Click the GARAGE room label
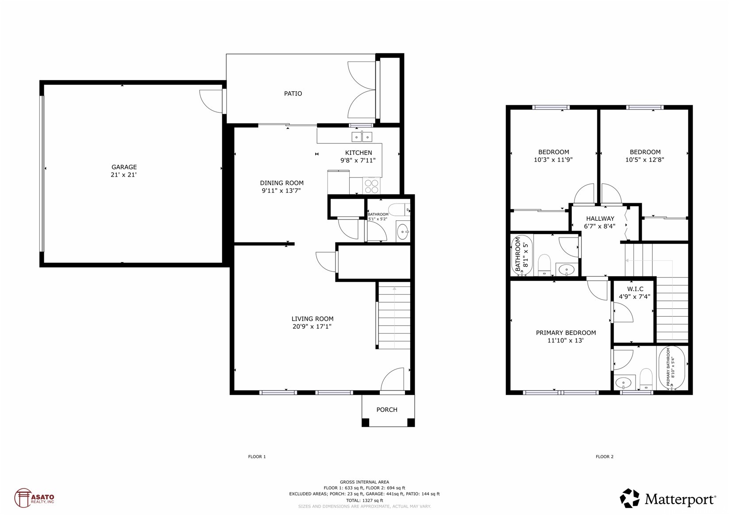tap(124, 167)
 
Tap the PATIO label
tap(293, 93)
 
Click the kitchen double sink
tap(362, 137)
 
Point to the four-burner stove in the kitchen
tap(371, 186)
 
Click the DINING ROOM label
tap(282, 183)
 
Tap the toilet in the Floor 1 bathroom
tap(399, 209)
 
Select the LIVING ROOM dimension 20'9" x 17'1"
tap(312, 327)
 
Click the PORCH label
tap(387, 410)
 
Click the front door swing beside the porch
tap(393, 380)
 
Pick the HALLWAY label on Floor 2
tap(600, 219)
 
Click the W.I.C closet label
tap(635, 289)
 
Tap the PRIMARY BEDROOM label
tap(566, 333)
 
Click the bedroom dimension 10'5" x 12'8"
tap(644, 160)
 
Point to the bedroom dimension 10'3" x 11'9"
tap(553, 160)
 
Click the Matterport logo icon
tap(629, 499)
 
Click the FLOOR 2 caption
tap(604, 457)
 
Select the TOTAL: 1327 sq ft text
tap(364, 500)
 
